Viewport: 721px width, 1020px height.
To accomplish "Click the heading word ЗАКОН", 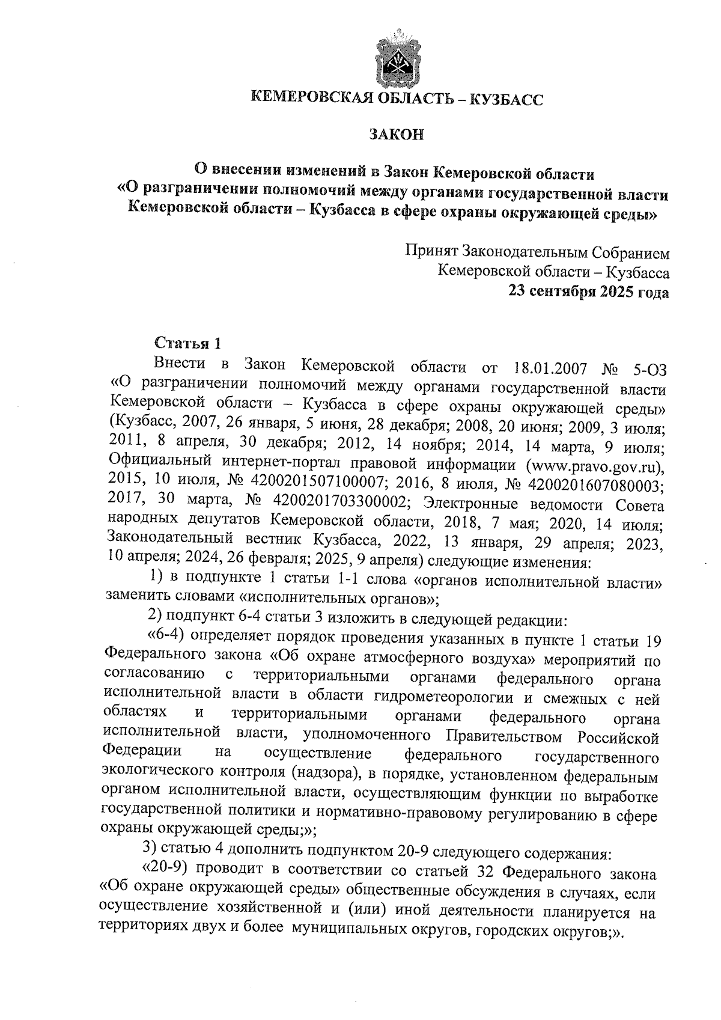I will tap(396, 134).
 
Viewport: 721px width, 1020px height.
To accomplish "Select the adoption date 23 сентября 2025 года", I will tap(588, 292).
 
